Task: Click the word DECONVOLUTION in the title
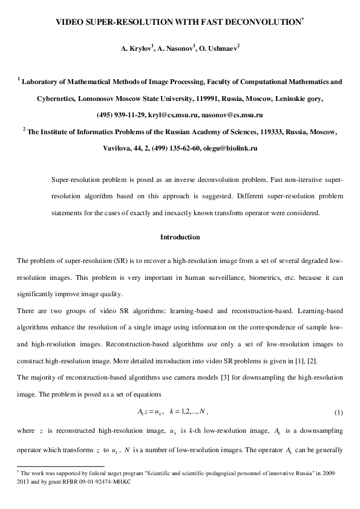[x=264, y=22]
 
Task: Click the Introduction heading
[x=180, y=237]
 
